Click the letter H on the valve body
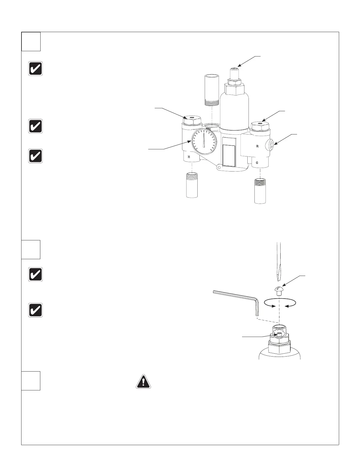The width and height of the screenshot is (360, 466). [x=189, y=157]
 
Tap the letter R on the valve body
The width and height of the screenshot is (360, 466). [x=257, y=146]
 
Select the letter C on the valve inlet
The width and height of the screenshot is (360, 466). [x=257, y=163]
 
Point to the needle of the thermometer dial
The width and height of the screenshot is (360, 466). [x=204, y=139]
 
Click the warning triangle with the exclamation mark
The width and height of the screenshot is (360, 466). [x=143, y=382]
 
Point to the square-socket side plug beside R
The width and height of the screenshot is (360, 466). [x=272, y=144]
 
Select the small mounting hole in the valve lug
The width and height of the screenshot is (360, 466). [x=219, y=167]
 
